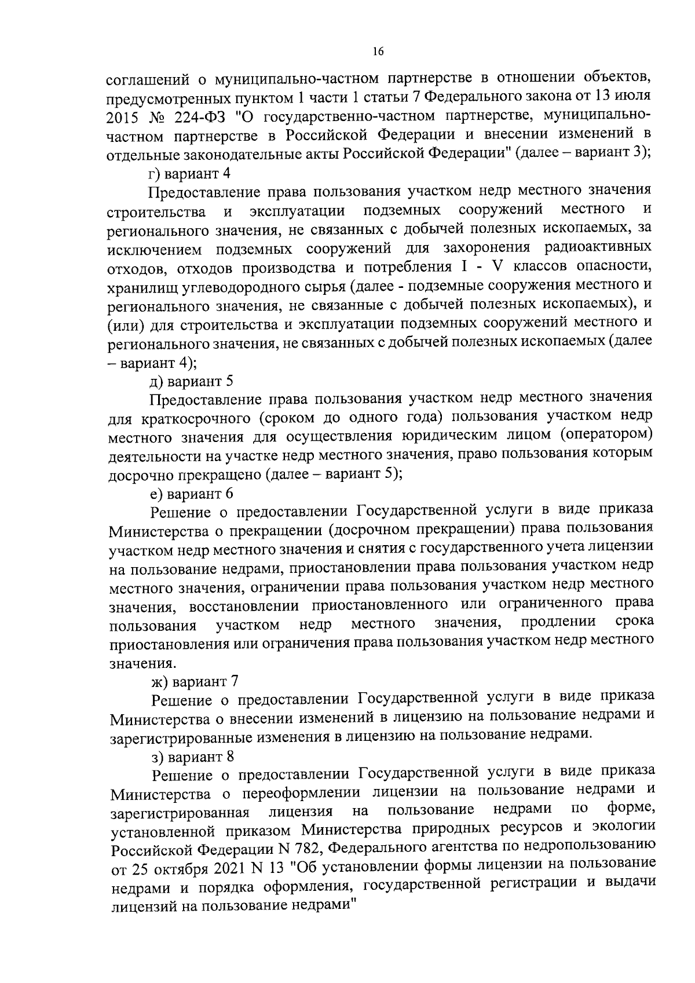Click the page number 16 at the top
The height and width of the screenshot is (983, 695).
point(377,52)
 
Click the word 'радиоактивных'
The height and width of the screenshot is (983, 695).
point(598,247)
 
